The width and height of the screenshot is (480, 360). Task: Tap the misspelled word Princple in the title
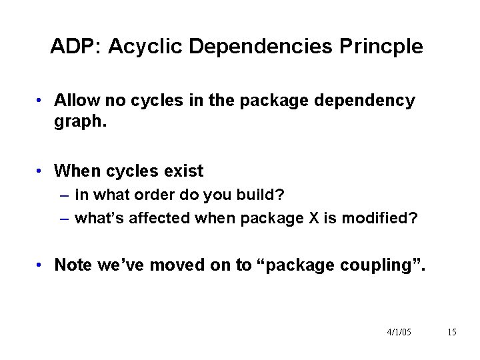(x=381, y=47)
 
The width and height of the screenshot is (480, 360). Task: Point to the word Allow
(x=76, y=101)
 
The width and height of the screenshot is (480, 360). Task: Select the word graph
(x=80, y=123)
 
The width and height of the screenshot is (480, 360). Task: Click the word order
(x=155, y=195)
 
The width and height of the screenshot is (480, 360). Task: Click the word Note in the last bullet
(x=73, y=265)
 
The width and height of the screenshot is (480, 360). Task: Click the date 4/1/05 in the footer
(x=398, y=332)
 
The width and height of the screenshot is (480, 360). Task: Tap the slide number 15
(x=451, y=332)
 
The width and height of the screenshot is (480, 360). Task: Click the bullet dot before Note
(x=41, y=265)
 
